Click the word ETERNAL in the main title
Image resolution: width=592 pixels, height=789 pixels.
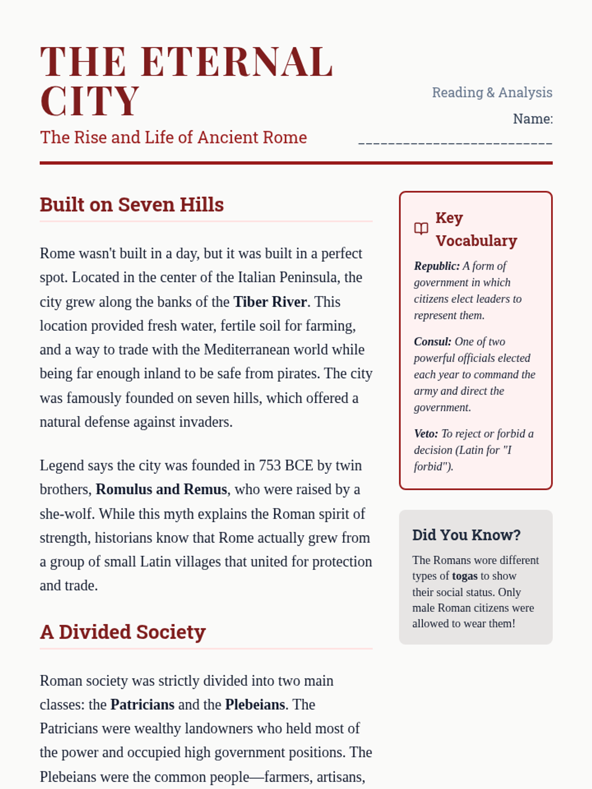click(x=237, y=62)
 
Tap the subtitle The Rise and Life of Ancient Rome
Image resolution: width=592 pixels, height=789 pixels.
click(x=173, y=137)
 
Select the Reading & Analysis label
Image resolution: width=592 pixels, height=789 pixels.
click(x=492, y=92)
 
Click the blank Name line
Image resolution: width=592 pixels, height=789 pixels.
click(x=455, y=142)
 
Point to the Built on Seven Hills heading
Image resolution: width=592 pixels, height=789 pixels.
click(x=132, y=205)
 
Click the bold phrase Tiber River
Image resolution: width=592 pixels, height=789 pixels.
click(x=270, y=302)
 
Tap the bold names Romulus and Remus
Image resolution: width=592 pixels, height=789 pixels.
click(x=161, y=489)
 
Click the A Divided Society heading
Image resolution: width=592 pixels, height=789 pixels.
click(x=123, y=632)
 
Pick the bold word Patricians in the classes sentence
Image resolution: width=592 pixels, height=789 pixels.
click(x=142, y=705)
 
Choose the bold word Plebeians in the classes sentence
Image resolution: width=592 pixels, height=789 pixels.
click(x=255, y=705)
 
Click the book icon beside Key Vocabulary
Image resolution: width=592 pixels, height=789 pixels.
click(x=421, y=229)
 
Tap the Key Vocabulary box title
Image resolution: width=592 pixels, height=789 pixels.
click(x=476, y=229)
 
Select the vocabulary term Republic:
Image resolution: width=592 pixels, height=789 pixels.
click(x=437, y=266)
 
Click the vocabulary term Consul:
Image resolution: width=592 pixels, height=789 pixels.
click(x=433, y=342)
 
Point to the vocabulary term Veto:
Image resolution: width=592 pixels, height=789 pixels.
click(x=426, y=434)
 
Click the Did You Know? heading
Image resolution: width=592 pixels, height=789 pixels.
click(x=466, y=535)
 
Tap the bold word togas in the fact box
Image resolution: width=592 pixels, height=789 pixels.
click(x=465, y=576)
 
